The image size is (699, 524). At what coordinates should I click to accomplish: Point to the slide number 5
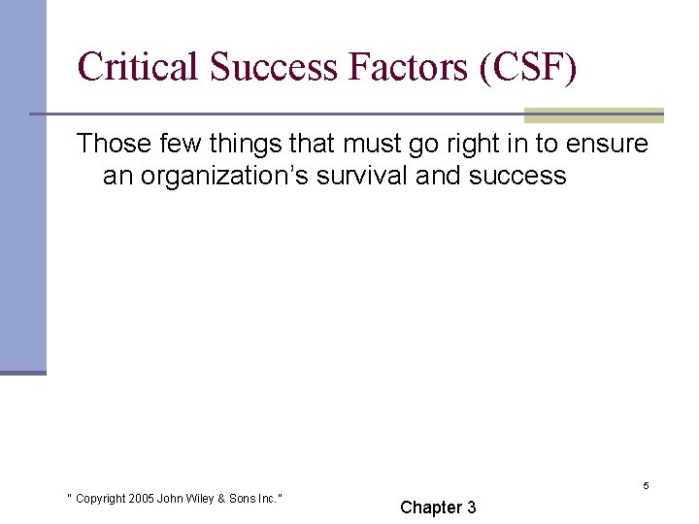click(646, 485)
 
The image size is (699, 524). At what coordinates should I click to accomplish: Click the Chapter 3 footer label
click(438, 508)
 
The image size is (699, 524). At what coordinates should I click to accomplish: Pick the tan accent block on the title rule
click(593, 115)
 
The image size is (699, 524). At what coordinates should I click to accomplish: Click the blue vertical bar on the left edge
click(22, 184)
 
